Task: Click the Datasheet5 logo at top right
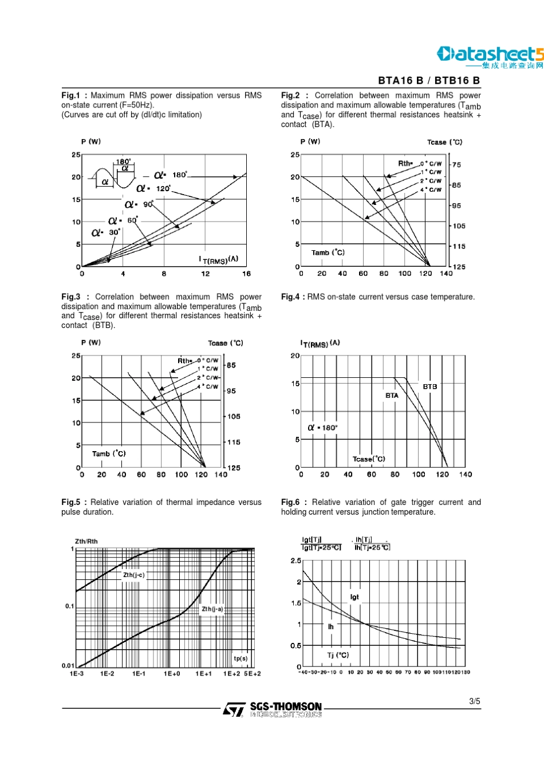pyautogui.click(x=490, y=56)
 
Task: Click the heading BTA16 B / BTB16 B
pyautogui.click(x=429, y=81)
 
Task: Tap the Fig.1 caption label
pyautogui.click(x=70, y=96)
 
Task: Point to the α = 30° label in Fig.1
pyautogui.click(x=106, y=232)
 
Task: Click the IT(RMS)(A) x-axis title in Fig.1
pyautogui.click(x=218, y=260)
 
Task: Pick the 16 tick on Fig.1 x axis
pyautogui.click(x=246, y=274)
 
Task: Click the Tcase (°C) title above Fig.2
pyautogui.click(x=444, y=142)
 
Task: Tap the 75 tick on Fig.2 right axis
pyautogui.click(x=456, y=165)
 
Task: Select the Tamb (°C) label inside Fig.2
pyautogui.click(x=328, y=252)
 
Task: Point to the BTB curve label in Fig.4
pyautogui.click(x=429, y=386)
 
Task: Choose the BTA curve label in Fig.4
pyautogui.click(x=392, y=396)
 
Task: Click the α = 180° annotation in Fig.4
pyautogui.click(x=323, y=428)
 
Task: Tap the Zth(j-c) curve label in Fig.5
pyautogui.click(x=133, y=575)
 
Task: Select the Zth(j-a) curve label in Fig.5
pyautogui.click(x=212, y=609)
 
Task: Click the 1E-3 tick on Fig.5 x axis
pyautogui.click(x=77, y=674)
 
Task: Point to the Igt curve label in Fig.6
pyautogui.click(x=354, y=597)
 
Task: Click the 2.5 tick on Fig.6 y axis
pyautogui.click(x=295, y=560)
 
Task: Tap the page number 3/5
pyautogui.click(x=475, y=701)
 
